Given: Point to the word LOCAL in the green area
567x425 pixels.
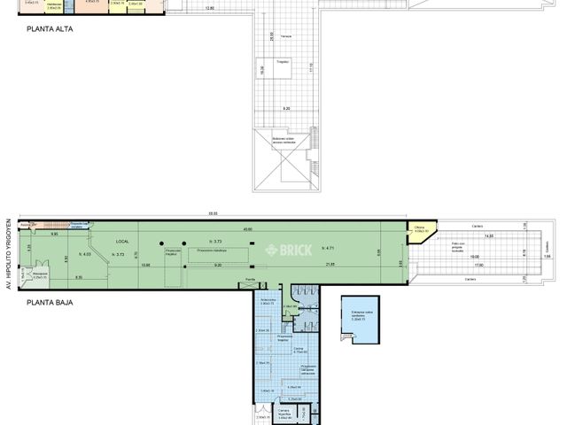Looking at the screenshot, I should coord(122,242).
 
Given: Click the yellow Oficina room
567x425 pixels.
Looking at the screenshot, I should coord(420,234).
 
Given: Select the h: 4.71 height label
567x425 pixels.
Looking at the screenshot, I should coord(330,248).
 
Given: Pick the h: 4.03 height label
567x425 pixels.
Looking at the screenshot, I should coord(86,255).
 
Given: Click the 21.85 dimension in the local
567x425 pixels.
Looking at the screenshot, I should coord(330,265).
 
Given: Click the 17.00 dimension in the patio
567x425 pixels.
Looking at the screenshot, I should coord(478,265).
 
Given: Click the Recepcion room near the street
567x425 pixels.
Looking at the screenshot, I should coord(40,275).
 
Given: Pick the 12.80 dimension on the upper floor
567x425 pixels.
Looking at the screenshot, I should coord(208,8).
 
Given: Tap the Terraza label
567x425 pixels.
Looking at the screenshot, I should coord(286,36).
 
